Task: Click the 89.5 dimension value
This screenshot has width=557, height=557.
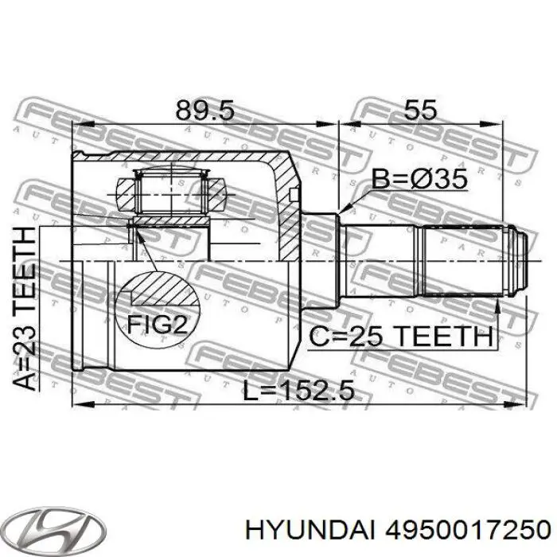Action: (204, 109)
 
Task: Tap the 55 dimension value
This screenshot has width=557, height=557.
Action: (419, 109)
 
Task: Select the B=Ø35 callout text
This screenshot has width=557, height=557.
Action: (419, 181)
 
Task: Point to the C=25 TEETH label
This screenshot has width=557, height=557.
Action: (400, 337)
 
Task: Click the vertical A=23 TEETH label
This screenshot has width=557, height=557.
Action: (25, 307)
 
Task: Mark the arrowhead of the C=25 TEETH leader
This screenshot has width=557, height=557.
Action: (497, 308)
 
